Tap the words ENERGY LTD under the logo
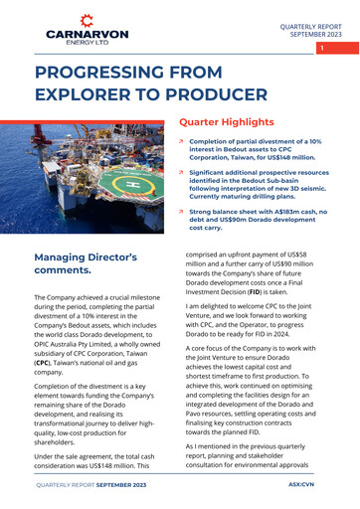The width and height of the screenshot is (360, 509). [x=87, y=43]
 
